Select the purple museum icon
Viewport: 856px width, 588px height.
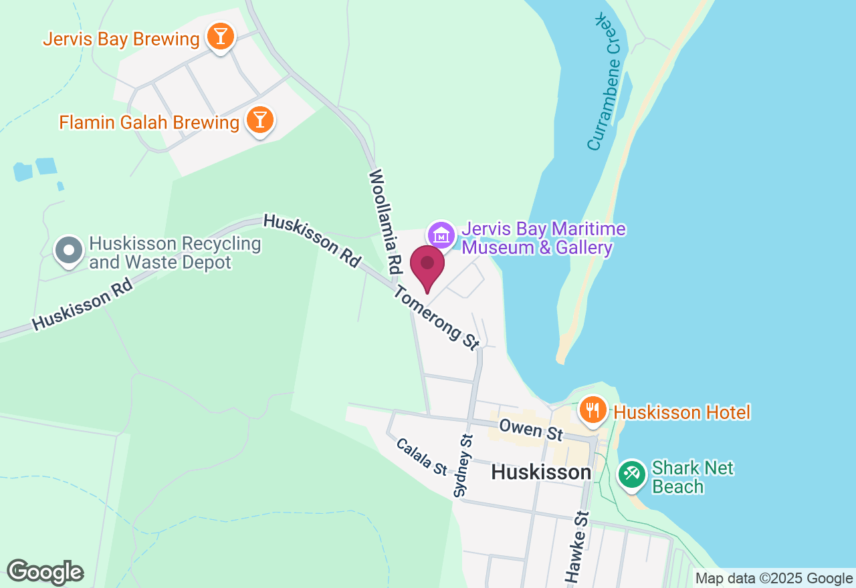point(441,235)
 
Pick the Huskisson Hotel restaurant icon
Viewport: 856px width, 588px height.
point(592,410)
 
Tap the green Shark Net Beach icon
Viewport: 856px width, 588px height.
point(631,475)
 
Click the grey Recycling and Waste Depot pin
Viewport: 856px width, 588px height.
point(68,251)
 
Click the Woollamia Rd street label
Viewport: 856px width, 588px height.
point(385,221)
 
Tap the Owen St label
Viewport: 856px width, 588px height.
point(531,429)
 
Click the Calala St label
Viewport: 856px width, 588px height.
point(421,456)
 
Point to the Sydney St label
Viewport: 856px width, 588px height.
point(463,466)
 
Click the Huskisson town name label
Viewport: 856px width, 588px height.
point(541,472)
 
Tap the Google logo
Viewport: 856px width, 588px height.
point(45,572)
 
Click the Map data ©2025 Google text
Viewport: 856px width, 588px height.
point(773,579)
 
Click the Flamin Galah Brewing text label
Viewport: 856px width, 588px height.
point(149,123)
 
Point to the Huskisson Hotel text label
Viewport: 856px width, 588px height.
point(682,412)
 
